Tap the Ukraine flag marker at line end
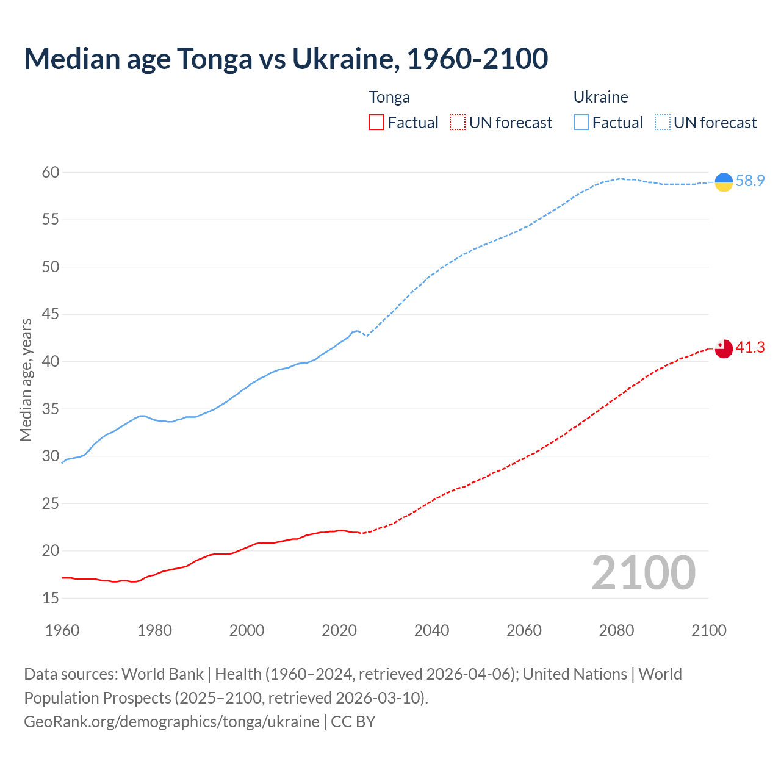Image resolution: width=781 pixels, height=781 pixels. [x=724, y=182]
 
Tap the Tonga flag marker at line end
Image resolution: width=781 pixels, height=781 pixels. [x=724, y=349]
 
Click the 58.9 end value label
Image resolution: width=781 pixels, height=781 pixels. [x=750, y=181]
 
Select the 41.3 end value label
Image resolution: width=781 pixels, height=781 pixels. [x=750, y=348]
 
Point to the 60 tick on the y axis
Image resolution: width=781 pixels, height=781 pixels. [x=51, y=173]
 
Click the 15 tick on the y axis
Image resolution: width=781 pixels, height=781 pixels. [x=51, y=599]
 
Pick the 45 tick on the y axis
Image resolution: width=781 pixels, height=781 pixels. [x=51, y=315]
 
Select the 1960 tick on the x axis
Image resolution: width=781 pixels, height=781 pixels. [x=62, y=630]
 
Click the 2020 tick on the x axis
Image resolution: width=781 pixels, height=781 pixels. [x=339, y=630]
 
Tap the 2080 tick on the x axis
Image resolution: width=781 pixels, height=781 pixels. [x=616, y=630]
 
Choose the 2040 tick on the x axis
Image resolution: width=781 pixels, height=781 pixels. [x=431, y=630]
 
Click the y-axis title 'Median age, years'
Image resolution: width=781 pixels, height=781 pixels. [x=26, y=380]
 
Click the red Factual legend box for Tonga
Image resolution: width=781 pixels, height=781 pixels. [x=376, y=123]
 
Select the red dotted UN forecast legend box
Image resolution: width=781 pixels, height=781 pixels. [x=458, y=123]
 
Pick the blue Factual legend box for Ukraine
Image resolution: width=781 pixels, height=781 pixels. [x=581, y=123]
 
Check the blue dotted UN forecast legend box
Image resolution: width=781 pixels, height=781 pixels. [x=662, y=123]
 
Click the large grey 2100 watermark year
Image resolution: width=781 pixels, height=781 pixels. [x=643, y=573]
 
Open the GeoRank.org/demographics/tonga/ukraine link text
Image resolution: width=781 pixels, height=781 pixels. [x=171, y=722]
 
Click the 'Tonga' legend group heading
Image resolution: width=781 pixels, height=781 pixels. [x=389, y=98]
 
